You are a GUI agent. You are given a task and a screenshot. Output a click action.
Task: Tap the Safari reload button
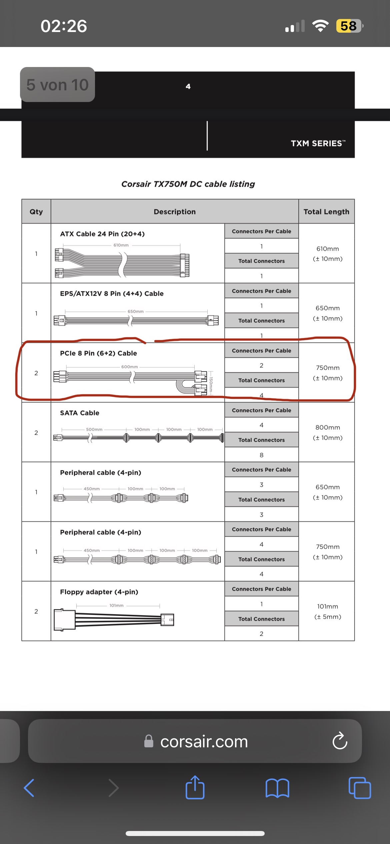click(340, 741)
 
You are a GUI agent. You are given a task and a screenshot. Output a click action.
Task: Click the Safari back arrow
click(29, 788)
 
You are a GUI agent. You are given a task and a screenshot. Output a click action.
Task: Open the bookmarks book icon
click(277, 788)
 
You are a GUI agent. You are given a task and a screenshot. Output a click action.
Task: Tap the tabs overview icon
click(359, 788)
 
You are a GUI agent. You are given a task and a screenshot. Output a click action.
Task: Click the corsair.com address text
click(204, 742)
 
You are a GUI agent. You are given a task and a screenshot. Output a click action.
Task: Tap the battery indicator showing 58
click(349, 26)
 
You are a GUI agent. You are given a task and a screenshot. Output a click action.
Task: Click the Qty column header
click(36, 212)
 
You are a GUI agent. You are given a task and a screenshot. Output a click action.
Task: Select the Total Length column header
click(326, 212)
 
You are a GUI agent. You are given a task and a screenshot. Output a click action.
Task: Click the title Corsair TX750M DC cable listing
click(188, 184)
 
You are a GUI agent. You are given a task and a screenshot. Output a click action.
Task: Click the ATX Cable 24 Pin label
click(102, 234)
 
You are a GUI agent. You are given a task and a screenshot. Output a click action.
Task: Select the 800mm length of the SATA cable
click(328, 427)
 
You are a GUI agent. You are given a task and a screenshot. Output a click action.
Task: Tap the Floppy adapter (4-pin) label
click(99, 592)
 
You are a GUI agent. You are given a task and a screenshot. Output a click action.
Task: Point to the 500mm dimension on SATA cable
click(94, 429)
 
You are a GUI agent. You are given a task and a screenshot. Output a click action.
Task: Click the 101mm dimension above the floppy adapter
click(116, 605)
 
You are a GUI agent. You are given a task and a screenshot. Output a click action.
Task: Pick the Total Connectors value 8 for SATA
click(261, 455)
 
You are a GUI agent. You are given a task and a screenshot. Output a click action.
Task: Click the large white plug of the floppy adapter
click(64, 620)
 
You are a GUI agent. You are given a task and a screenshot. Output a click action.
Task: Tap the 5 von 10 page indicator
click(57, 85)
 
